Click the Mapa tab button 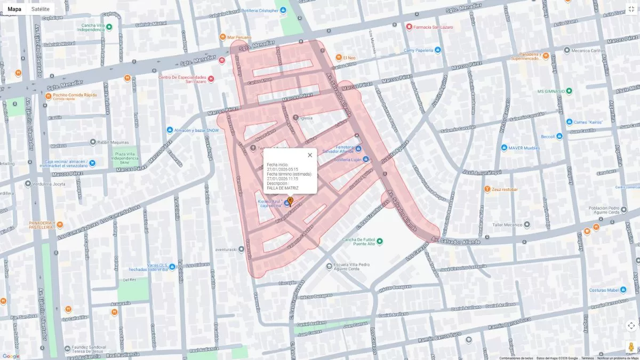14,9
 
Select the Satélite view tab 41,9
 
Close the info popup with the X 310,155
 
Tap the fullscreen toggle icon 631,9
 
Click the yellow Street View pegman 631,346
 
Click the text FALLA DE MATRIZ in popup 283,188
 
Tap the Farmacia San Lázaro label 433,27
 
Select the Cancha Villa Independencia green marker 109,27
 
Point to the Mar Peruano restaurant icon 222,37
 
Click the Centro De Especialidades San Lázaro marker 211,79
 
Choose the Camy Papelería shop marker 438,50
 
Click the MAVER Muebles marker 504,148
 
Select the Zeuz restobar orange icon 487,189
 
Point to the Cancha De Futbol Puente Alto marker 380,242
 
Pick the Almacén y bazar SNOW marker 170,130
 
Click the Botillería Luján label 348,159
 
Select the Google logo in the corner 11,356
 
